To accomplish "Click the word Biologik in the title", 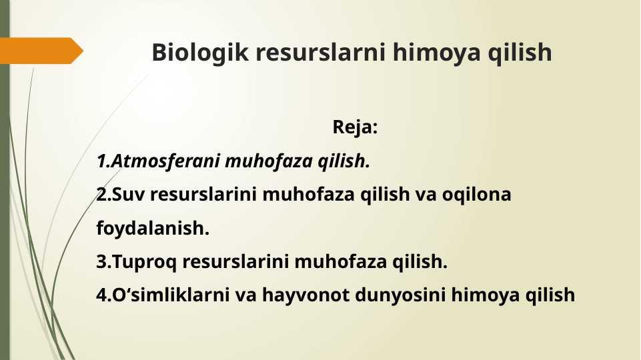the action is tap(199, 53).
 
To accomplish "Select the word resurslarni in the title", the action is tap(320, 52).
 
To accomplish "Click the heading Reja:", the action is tap(355, 127).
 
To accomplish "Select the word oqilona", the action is tap(476, 195).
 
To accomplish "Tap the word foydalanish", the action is tap(153, 229).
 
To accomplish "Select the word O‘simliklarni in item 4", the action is tap(171, 295).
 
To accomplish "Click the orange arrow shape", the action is tap(41, 51).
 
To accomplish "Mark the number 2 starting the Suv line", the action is tap(101, 195).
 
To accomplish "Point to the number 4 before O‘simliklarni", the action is tap(101, 295).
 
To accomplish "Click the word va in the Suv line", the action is tap(426, 195).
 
